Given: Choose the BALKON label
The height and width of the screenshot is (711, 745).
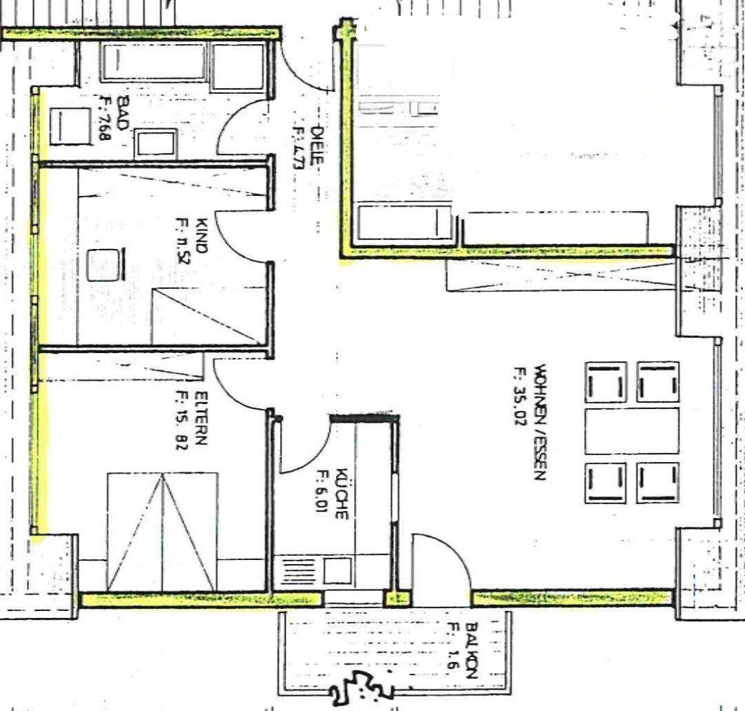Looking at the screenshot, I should (472, 651).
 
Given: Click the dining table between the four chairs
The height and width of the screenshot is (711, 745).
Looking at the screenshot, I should (631, 430).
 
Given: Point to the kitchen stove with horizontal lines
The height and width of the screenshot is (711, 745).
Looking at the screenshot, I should (292, 571).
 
